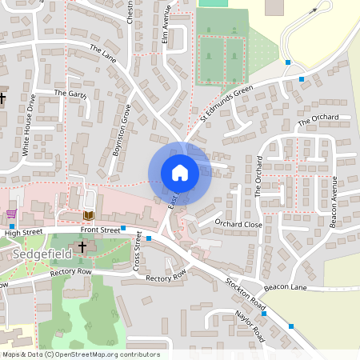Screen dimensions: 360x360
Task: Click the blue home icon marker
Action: click(x=180, y=172)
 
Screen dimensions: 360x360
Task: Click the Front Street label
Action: click(x=100, y=230)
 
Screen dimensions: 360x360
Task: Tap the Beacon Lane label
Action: click(x=281, y=287)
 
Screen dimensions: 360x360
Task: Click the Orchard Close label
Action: click(x=238, y=224)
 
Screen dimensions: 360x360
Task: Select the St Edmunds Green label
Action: click(x=226, y=104)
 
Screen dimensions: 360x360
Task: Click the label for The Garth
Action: click(x=69, y=94)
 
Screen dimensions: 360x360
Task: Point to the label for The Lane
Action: click(x=103, y=54)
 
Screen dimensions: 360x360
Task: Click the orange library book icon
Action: click(x=88, y=215)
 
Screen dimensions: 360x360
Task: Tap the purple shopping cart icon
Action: click(x=11, y=214)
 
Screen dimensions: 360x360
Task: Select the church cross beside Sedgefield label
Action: click(x=82, y=247)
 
